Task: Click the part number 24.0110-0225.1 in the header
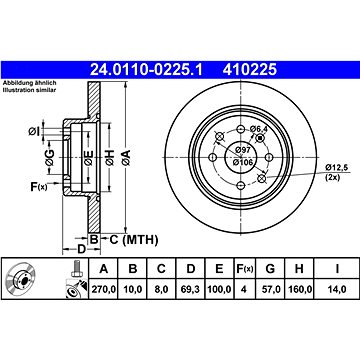pos(146,70)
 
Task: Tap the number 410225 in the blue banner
pos(250,70)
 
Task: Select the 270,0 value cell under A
pos(103,289)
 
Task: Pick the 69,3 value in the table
pos(190,289)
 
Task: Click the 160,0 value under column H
pos(299,289)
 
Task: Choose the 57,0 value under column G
pos(270,289)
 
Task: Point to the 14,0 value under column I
pos(337,289)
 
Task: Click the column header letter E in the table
pos(219,269)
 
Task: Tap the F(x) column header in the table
pos(244,269)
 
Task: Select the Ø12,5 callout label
pos(337,167)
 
